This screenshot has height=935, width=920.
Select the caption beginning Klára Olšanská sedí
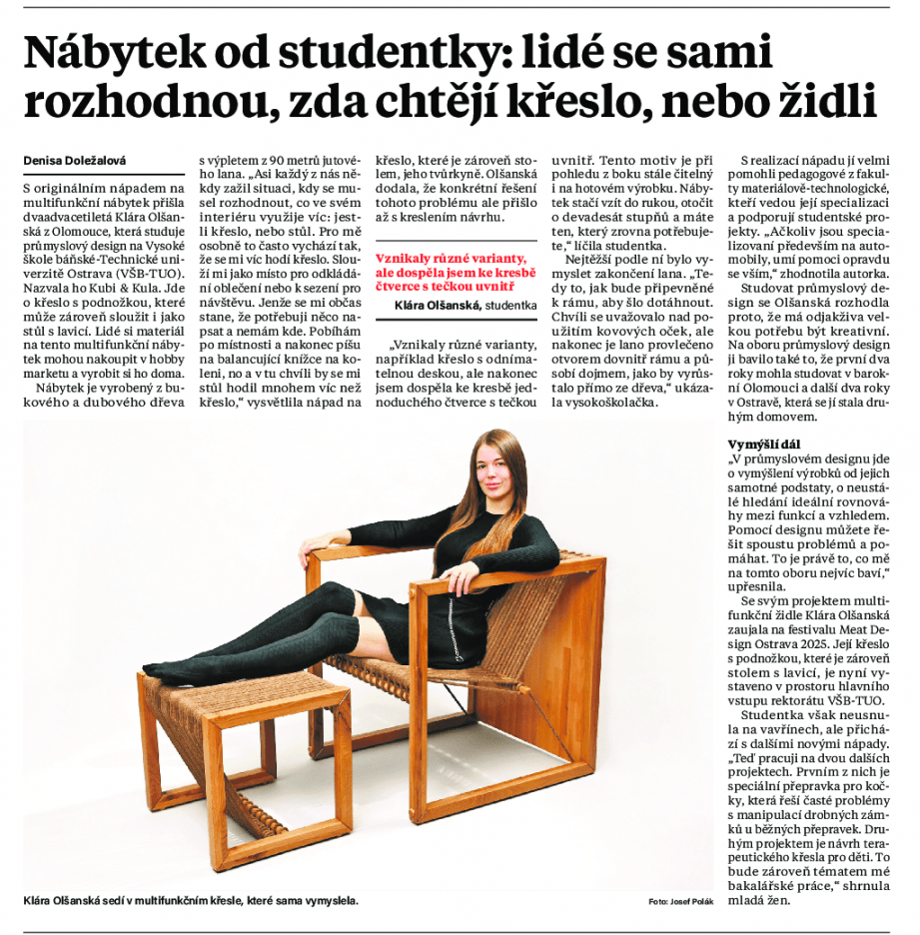coord(190,901)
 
